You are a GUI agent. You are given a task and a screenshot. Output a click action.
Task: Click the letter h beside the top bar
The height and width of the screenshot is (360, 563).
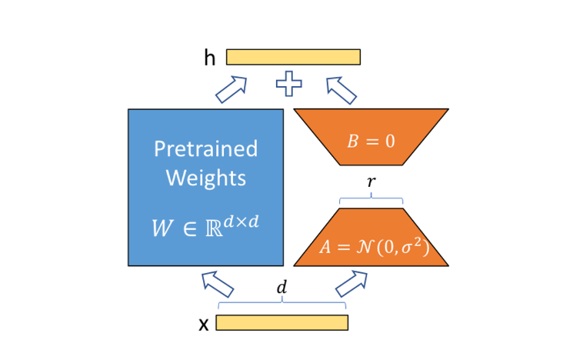click(210, 58)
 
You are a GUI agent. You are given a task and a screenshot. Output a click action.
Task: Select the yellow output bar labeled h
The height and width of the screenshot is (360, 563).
click(293, 57)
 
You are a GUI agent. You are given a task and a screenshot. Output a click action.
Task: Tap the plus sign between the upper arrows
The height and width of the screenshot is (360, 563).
click(289, 84)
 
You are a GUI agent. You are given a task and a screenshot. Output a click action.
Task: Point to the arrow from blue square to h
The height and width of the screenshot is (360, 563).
click(232, 89)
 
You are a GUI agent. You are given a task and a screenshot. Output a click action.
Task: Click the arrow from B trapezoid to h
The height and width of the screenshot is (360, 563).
click(341, 90)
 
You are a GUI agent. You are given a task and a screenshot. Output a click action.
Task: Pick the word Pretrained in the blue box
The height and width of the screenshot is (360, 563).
click(205, 148)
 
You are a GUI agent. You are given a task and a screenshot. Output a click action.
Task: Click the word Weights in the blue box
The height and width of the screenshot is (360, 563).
click(205, 178)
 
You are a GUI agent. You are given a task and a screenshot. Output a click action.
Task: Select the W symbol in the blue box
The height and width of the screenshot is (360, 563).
click(162, 228)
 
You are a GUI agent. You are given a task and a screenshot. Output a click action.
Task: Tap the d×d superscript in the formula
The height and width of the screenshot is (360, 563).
click(241, 222)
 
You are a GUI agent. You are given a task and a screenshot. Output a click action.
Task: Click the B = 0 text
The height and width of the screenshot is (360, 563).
click(371, 141)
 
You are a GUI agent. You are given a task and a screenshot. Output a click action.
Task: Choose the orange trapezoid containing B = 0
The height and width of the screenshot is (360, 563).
click(371, 137)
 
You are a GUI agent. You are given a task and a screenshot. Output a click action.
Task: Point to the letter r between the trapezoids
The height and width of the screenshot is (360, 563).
click(371, 182)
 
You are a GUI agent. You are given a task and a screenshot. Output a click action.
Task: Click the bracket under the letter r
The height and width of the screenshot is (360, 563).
click(371, 198)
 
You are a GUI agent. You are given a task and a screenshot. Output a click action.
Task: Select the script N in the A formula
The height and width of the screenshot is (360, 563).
click(365, 247)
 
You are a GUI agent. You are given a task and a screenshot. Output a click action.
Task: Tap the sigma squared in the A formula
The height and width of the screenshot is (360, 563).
click(411, 246)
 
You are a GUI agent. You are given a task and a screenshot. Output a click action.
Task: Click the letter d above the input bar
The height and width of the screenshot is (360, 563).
click(281, 288)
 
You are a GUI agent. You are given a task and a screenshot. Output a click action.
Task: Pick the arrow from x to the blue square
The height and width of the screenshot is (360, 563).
click(218, 285)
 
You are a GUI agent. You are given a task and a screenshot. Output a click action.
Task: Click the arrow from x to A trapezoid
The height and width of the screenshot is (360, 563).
click(351, 284)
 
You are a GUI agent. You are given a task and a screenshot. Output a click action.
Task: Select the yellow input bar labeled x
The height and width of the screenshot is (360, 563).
click(281, 322)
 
